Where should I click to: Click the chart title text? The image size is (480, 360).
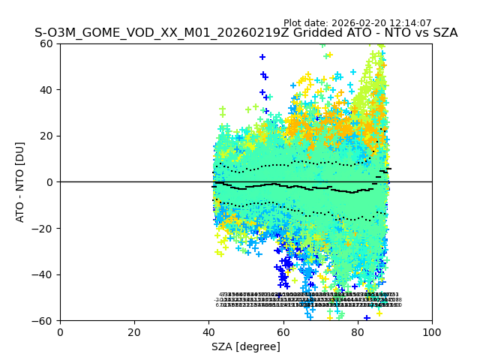pyautogui.click(x=246, y=33)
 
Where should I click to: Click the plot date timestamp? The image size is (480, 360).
pyautogui.click(x=357, y=23)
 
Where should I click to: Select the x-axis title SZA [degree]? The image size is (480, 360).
pyautogui.click(x=246, y=346)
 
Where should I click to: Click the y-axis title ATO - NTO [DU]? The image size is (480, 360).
pyautogui.click(x=21, y=182)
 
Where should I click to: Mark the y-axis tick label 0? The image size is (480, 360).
pyautogui.click(x=49, y=182)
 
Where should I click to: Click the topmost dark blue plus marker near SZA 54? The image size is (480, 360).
pyautogui.click(x=262, y=57)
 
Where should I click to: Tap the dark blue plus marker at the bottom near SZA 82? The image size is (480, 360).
pyautogui.click(x=367, y=318)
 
